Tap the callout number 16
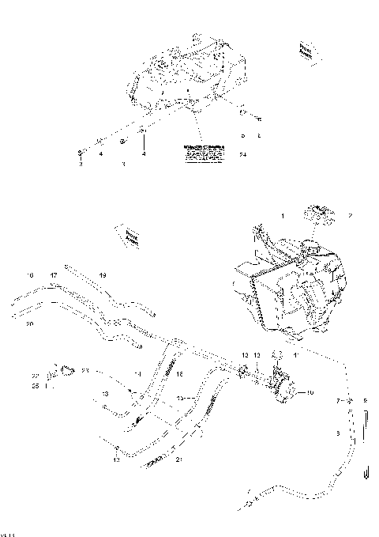coord(30,275)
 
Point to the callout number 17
coord(54,275)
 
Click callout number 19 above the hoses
coord(102,275)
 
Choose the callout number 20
coord(30,324)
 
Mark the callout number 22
coord(35,376)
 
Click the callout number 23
coord(85,369)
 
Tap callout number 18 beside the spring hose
coord(179,373)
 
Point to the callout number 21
coord(179,460)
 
